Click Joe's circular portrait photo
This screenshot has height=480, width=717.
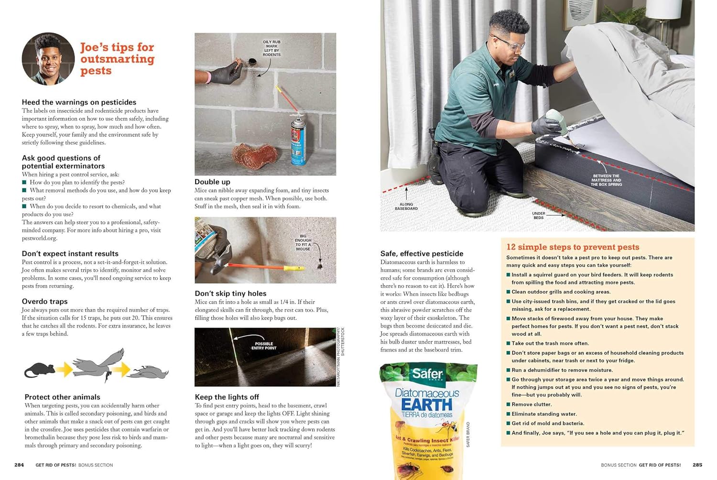pyautogui.click(x=48, y=59)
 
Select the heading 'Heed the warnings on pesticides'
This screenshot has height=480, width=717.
pyautogui.click(x=79, y=102)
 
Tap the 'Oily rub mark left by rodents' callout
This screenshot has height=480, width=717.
pyautogui.click(x=272, y=48)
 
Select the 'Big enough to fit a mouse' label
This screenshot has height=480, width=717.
pyautogui.click(x=303, y=242)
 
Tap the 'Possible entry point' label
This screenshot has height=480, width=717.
pyautogui.click(x=264, y=346)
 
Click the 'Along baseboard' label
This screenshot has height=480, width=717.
pyautogui.click(x=406, y=207)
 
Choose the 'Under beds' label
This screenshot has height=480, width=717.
pyautogui.click(x=538, y=216)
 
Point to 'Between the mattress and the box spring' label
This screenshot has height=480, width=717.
pyautogui.click(x=606, y=180)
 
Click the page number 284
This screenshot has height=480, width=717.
pyautogui.click(x=19, y=465)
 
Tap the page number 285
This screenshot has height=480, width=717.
pyautogui.click(x=697, y=465)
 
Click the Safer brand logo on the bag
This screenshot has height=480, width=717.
pyautogui.click(x=427, y=373)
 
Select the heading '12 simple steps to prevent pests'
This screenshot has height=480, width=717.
pyautogui.click(x=573, y=247)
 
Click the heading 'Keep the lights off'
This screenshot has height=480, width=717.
pyautogui.click(x=227, y=397)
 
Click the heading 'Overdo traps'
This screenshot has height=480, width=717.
pyautogui.click(x=44, y=301)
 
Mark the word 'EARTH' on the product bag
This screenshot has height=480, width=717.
pyautogui.click(x=426, y=404)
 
